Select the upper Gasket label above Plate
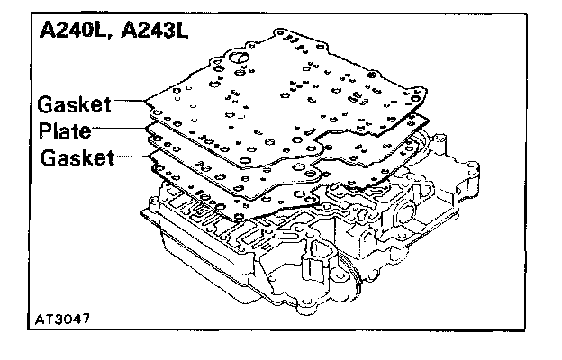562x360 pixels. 75,104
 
